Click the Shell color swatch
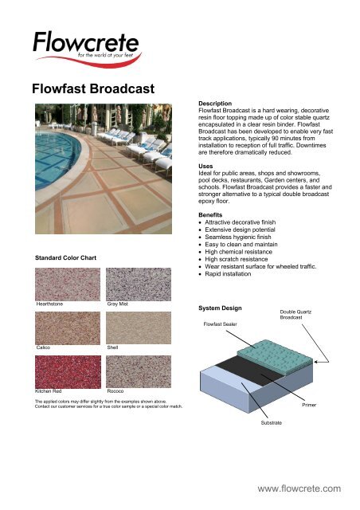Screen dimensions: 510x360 tap(137, 328)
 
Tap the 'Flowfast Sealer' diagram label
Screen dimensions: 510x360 tap(222, 325)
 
